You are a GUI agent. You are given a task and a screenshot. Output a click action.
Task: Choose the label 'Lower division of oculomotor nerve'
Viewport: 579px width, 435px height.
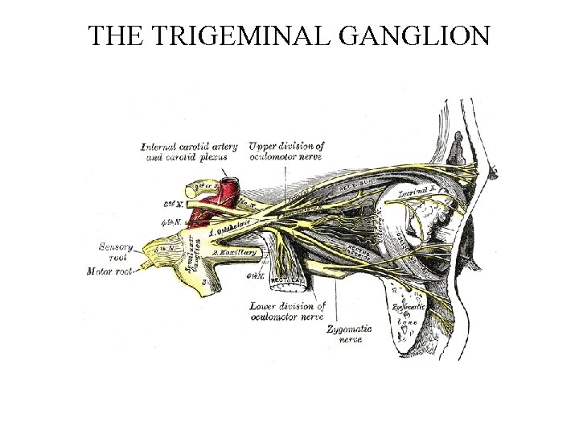(287, 311)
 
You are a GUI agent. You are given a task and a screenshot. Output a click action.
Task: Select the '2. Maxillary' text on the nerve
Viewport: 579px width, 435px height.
(235, 253)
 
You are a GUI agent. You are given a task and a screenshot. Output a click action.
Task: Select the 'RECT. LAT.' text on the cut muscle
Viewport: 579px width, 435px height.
(286, 281)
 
